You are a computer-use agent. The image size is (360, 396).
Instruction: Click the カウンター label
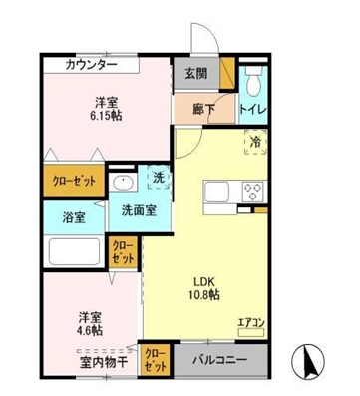90,65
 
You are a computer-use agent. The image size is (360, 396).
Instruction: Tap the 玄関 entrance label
195,75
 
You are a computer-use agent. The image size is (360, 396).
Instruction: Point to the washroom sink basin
123,184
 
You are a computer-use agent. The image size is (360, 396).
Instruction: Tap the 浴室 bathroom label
73,217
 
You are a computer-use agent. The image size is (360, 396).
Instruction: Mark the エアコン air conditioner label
250,322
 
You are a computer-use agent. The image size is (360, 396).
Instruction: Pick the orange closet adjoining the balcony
155,358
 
